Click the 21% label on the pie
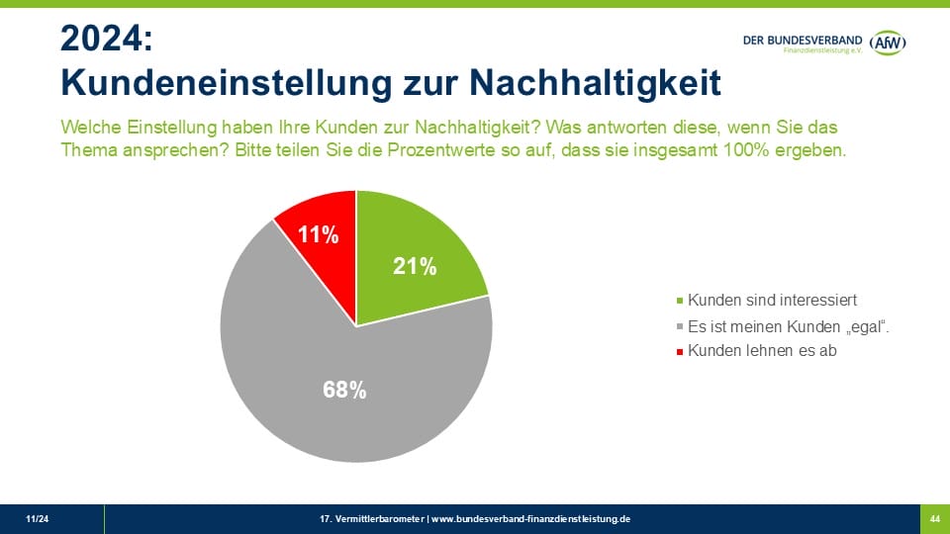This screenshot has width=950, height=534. click(x=416, y=265)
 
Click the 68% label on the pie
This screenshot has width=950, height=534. click(x=344, y=390)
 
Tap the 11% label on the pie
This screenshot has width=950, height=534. click(x=320, y=234)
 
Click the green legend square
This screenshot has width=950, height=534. click(x=679, y=301)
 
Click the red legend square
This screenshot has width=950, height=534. click(x=679, y=351)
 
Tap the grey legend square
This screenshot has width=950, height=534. click(x=679, y=326)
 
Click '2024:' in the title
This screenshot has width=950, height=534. click(x=107, y=39)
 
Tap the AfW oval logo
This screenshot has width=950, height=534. click(x=889, y=43)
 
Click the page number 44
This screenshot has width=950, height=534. click(x=934, y=518)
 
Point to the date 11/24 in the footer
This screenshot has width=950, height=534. click(x=37, y=518)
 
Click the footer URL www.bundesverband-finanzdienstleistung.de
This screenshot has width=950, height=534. click(x=530, y=518)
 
